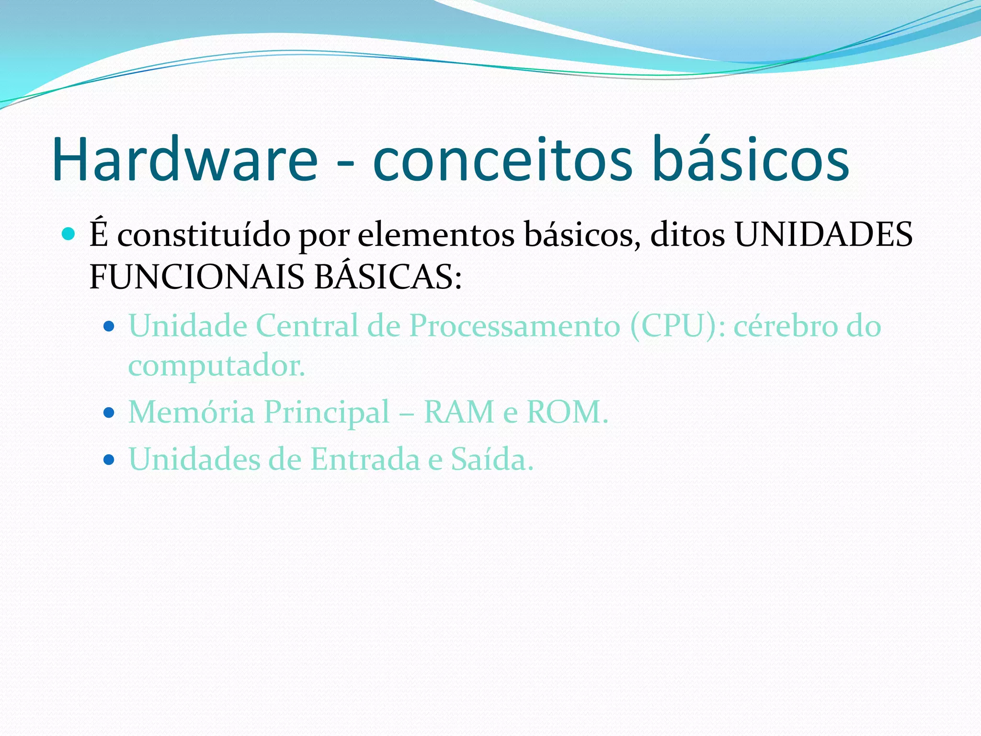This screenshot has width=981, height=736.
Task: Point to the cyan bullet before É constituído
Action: (x=69, y=234)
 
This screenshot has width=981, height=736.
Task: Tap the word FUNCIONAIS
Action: (x=197, y=277)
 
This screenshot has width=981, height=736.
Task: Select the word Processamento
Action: (x=515, y=326)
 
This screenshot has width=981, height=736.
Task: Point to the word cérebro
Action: (x=785, y=326)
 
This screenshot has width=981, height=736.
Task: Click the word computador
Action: (x=216, y=367)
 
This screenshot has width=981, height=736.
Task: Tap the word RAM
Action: (x=459, y=412)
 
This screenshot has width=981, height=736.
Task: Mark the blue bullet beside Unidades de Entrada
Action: (x=109, y=460)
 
